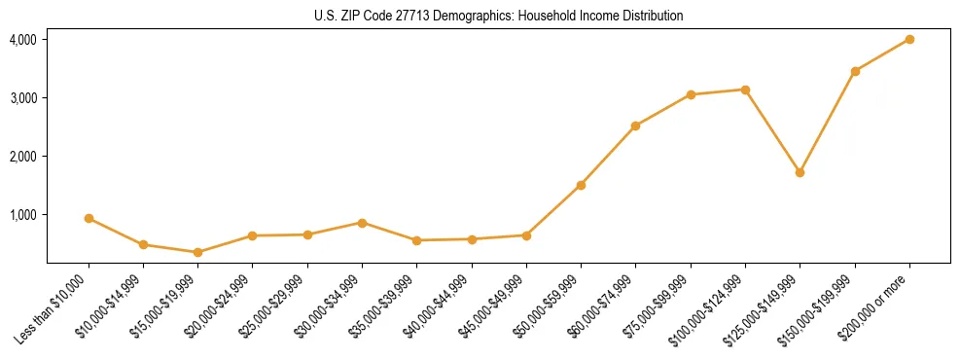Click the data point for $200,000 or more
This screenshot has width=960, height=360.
[x=909, y=39]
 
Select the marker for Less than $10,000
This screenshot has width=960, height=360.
[x=89, y=218]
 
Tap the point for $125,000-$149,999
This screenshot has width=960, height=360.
[x=800, y=172]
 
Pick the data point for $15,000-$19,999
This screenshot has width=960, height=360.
[x=197, y=252]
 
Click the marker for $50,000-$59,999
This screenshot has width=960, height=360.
[x=581, y=185]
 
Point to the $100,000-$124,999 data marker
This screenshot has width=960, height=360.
[x=745, y=90]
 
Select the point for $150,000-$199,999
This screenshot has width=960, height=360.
[x=855, y=71]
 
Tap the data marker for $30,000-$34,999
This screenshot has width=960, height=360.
[x=362, y=223]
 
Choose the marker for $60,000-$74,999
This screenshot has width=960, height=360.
[x=635, y=126]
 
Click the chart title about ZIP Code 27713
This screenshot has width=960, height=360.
[x=498, y=16]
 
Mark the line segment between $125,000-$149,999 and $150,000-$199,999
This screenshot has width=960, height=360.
[x=827, y=122]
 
